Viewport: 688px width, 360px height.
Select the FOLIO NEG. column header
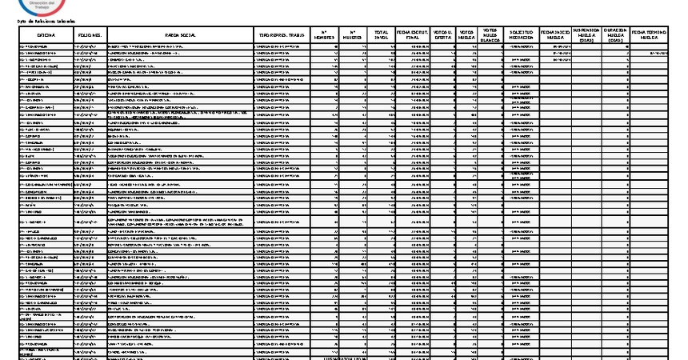coord(90,35)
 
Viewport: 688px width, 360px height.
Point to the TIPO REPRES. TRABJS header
coord(280,35)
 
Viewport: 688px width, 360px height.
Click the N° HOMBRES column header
coord(323,35)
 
